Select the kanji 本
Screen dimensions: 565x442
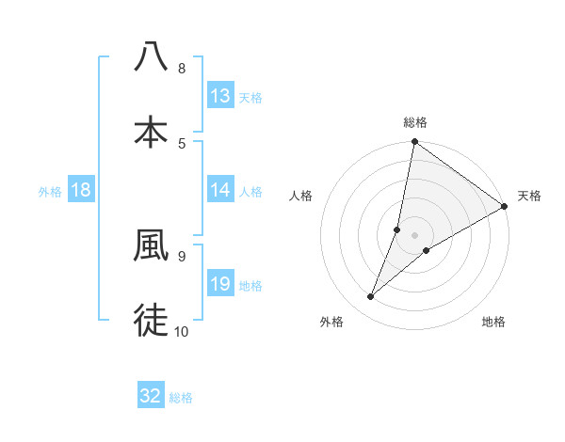click(151, 132)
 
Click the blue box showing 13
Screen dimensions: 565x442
click(220, 96)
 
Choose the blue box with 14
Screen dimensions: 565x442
click(220, 190)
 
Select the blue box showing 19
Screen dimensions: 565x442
click(220, 284)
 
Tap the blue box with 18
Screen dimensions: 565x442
click(81, 190)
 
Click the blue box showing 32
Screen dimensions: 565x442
click(151, 396)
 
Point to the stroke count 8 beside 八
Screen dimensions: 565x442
click(182, 69)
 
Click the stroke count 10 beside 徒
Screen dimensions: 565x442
click(182, 331)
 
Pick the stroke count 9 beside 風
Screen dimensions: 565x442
click(182, 255)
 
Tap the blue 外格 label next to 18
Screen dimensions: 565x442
click(50, 192)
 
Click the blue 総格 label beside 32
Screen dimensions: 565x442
click(181, 398)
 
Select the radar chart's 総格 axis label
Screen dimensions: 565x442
click(415, 122)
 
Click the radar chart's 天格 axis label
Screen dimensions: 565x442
click(529, 196)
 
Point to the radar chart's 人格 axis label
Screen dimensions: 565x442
click(301, 196)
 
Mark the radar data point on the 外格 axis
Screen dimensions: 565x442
click(371, 297)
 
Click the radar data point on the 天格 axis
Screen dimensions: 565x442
click(504, 207)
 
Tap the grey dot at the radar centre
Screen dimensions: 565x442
click(415, 235)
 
